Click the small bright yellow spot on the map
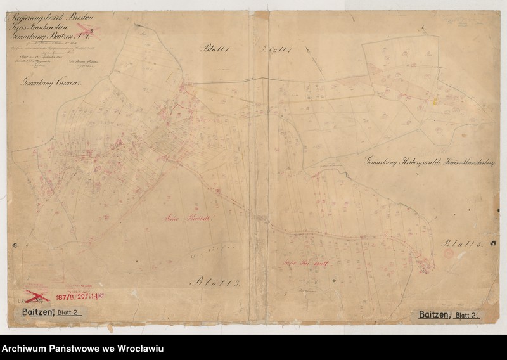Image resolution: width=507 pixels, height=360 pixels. [435, 100]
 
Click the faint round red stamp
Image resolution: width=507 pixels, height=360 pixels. [448, 254]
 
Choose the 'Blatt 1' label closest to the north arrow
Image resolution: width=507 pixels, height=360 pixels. [277, 50]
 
